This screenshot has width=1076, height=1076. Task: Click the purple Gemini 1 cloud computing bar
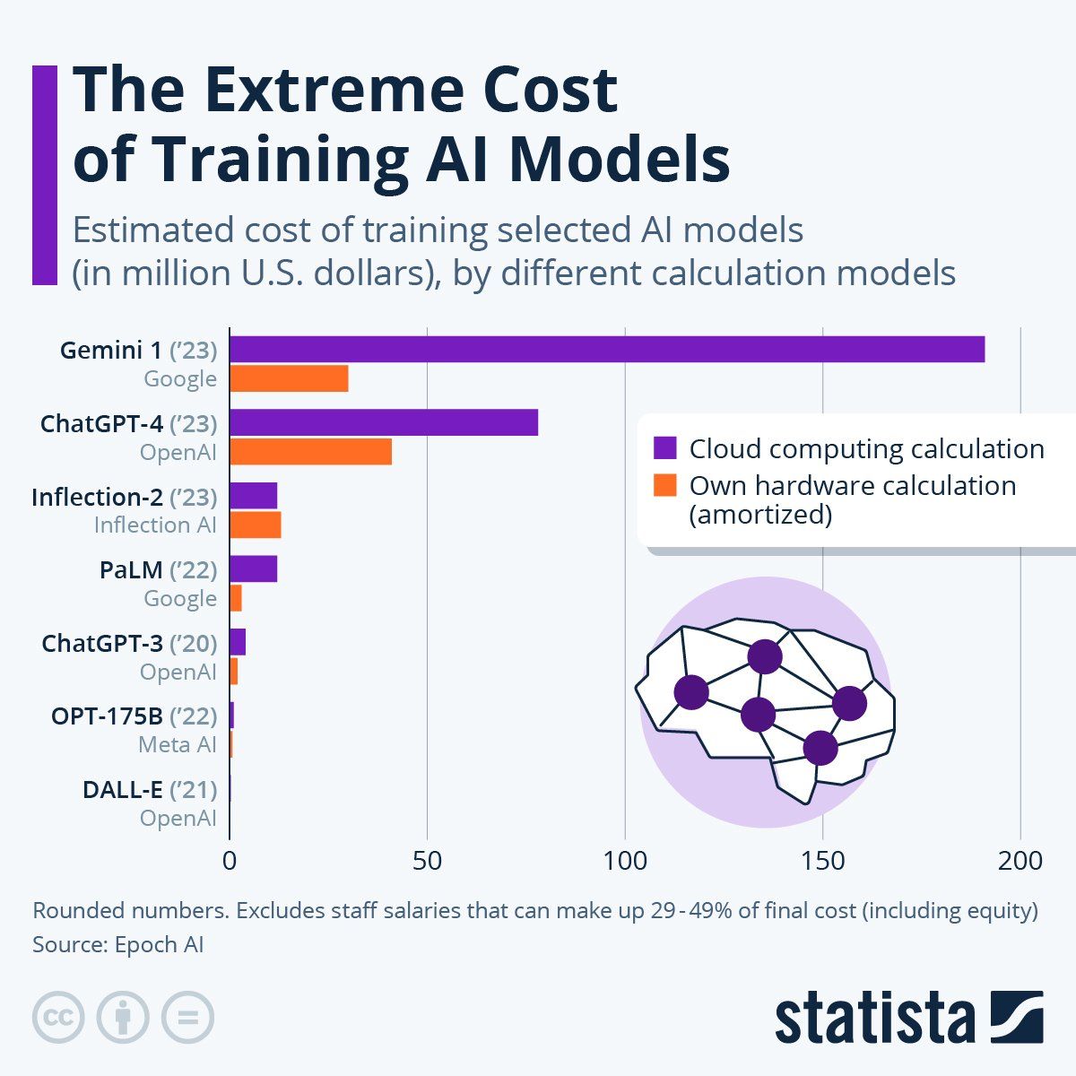pos(607,349)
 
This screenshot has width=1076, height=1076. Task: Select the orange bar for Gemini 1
pos(289,378)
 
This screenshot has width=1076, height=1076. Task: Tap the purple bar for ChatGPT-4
pos(384,422)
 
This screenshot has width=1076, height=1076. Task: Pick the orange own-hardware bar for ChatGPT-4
pos(310,452)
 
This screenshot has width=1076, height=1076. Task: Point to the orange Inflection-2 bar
pos(256,525)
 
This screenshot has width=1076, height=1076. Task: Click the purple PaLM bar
pos(254,568)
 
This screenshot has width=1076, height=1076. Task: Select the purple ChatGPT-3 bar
pos(238,642)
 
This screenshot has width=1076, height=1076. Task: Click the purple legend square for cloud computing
pos(664,448)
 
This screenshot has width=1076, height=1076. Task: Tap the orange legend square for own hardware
pos(664,485)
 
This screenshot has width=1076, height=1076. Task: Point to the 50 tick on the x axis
pos(428,861)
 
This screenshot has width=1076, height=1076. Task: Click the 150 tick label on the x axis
pos(822,861)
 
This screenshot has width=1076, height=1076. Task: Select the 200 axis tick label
pos(1020,861)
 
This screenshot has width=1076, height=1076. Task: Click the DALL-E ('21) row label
pos(150,790)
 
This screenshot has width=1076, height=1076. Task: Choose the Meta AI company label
pos(178,745)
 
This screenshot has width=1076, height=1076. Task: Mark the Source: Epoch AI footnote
pos(118,945)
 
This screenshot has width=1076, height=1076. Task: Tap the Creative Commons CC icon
pos(58,1018)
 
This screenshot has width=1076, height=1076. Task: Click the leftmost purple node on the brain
pos(690,692)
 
